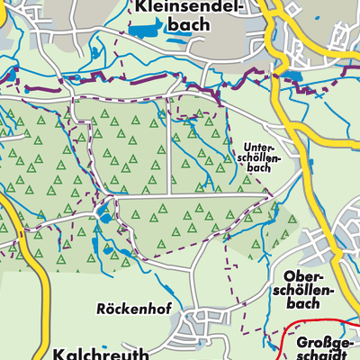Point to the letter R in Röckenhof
tap(100, 308)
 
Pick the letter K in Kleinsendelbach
tap(140, 7)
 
